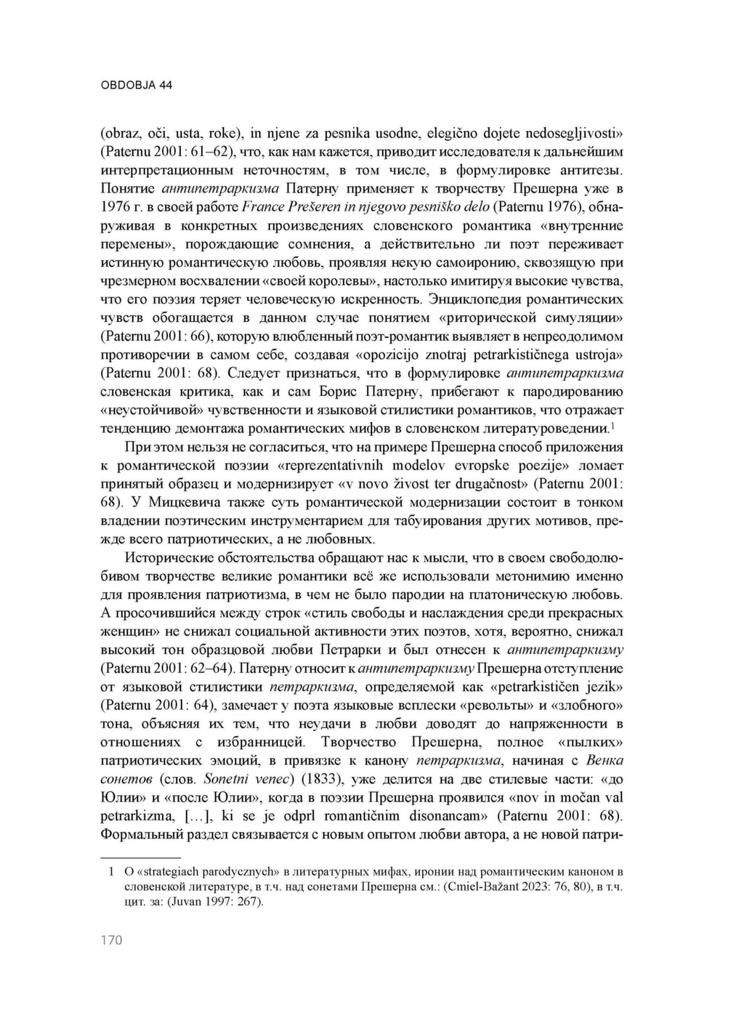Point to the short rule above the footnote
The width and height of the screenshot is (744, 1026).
(139, 858)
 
